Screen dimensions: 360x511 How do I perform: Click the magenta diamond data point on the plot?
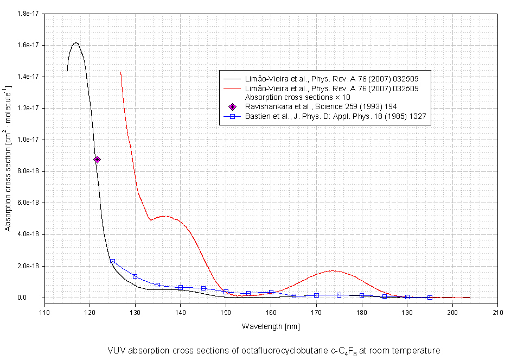pos(97,160)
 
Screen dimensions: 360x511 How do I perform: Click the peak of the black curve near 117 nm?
pos(76,42)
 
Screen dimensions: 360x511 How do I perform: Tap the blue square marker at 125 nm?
pos(112,261)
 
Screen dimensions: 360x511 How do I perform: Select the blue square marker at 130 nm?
pos(135,276)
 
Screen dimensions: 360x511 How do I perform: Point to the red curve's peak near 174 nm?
pos(333,270)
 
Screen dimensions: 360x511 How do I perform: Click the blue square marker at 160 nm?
pos(271,292)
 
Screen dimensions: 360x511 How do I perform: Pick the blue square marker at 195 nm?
pos(430,298)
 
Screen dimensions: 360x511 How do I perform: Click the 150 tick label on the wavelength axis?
pos(226,312)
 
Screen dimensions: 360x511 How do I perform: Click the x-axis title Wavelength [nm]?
pos(271,326)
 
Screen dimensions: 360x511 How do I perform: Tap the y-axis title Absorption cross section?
pos(8,158)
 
